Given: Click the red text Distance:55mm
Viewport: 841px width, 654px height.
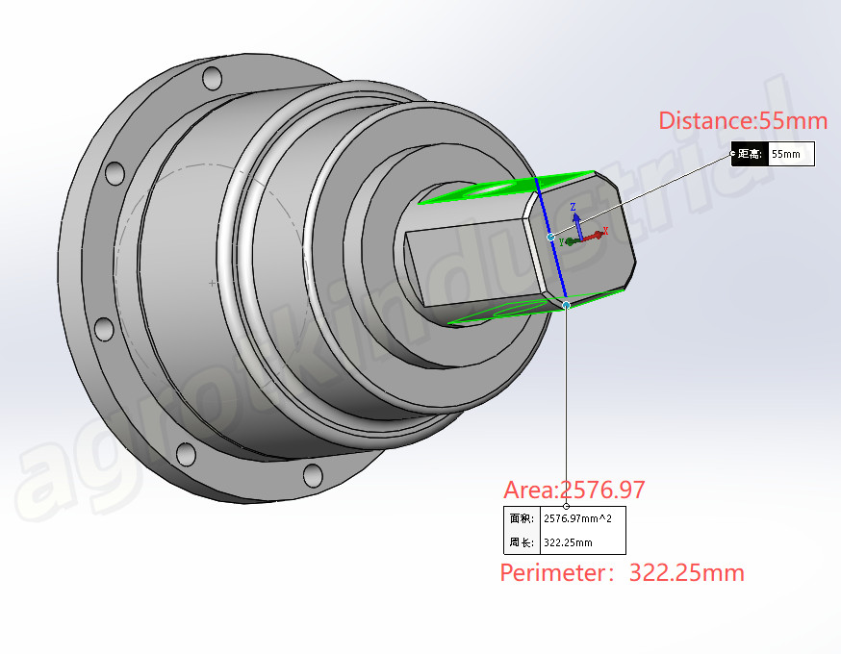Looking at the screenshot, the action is [x=743, y=120].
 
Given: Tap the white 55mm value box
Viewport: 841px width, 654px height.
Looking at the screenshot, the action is [x=791, y=154].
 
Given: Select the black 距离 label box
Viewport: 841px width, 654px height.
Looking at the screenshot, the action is [x=750, y=154].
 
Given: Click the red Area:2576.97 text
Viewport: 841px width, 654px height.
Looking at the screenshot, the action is [x=573, y=490].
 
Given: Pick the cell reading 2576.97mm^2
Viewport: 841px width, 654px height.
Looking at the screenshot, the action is [x=582, y=518].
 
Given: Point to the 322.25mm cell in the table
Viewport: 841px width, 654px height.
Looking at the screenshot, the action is [x=582, y=542].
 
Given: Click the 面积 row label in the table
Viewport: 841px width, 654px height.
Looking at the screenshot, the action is [x=522, y=518].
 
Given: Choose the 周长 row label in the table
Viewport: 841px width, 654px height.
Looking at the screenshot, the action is [x=522, y=542].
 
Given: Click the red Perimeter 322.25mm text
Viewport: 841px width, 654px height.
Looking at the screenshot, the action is [x=623, y=572].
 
